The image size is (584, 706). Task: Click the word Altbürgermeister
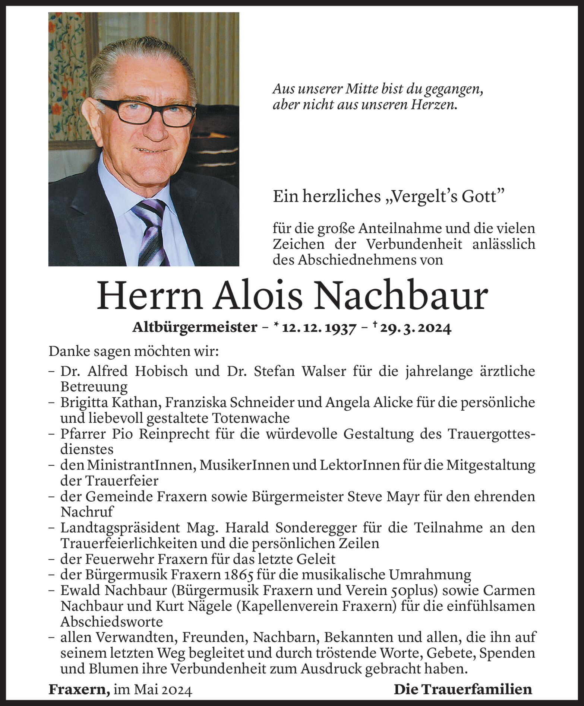[195, 328]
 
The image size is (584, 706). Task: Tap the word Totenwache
[251, 418]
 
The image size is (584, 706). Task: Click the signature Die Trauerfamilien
[463, 690]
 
